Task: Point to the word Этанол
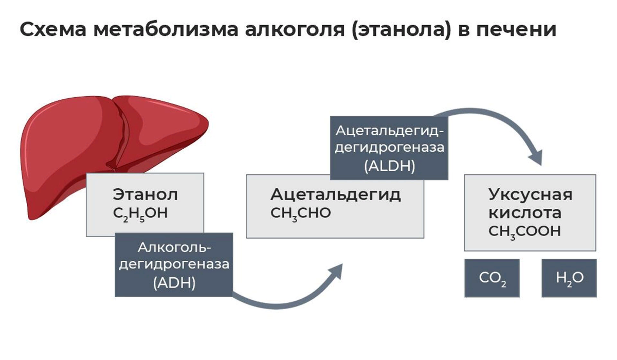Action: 146,195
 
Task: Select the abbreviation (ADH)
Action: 174,283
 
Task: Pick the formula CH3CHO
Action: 301,213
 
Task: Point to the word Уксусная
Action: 530,195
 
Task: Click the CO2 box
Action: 492,278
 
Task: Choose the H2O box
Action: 569,278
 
